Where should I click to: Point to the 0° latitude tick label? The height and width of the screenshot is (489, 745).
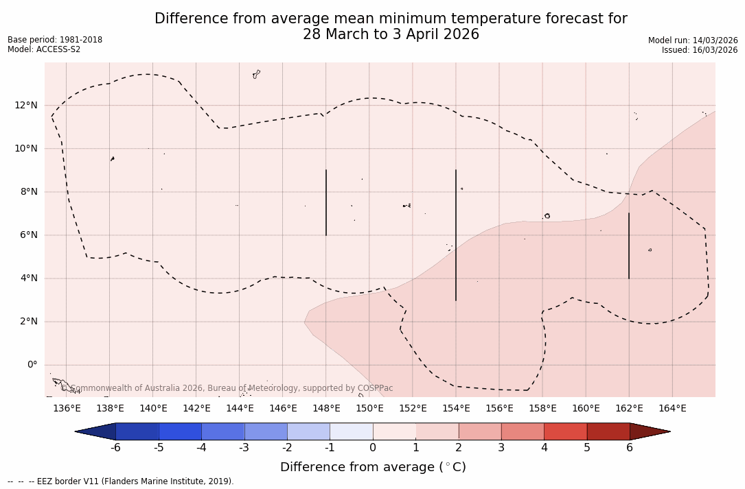[x=32, y=365]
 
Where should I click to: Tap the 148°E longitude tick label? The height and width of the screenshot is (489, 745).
[x=326, y=409]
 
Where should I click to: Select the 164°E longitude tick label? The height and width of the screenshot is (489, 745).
[x=672, y=409]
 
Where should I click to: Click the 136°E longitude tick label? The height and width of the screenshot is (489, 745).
[x=67, y=409]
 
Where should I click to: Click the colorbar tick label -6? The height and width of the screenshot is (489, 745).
[x=115, y=448]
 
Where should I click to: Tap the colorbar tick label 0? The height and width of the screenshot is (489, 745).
[x=373, y=448]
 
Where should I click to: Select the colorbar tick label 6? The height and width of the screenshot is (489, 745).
[x=630, y=448]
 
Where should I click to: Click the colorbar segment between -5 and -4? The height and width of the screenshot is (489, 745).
[x=180, y=431]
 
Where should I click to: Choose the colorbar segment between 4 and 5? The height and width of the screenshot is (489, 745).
[x=565, y=431]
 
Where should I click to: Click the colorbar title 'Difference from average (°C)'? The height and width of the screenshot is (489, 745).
[x=373, y=467]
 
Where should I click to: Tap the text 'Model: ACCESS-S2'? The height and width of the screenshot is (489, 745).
[x=44, y=49]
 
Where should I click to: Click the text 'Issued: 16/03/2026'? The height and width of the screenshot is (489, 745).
[x=700, y=50]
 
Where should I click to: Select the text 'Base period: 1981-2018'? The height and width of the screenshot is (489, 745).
[x=55, y=40]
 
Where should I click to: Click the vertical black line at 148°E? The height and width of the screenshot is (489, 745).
[x=326, y=202]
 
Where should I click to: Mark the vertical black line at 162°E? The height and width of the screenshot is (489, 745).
[x=629, y=246]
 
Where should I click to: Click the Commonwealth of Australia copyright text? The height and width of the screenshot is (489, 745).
[x=227, y=388]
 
